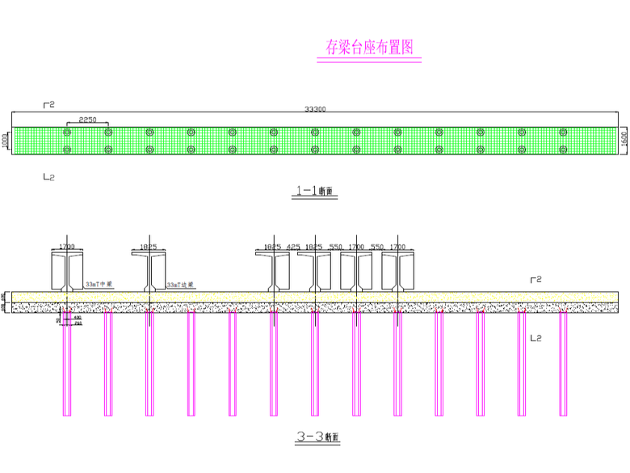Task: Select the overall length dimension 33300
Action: pyautogui.click(x=314, y=109)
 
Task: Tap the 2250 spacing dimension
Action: pyautogui.click(x=88, y=120)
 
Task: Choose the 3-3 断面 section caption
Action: pyautogui.click(x=317, y=437)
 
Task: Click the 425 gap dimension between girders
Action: pyautogui.click(x=292, y=246)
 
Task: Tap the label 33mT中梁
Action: pyautogui.click(x=99, y=285)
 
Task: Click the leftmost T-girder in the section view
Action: pyautogui.click(x=67, y=270)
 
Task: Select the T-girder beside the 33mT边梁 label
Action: pyautogui.click(x=149, y=270)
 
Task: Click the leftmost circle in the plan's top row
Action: pyautogui.click(x=67, y=132)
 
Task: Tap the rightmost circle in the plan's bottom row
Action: pyautogui.click(x=563, y=150)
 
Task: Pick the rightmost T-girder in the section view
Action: pyautogui.click(x=397, y=270)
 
